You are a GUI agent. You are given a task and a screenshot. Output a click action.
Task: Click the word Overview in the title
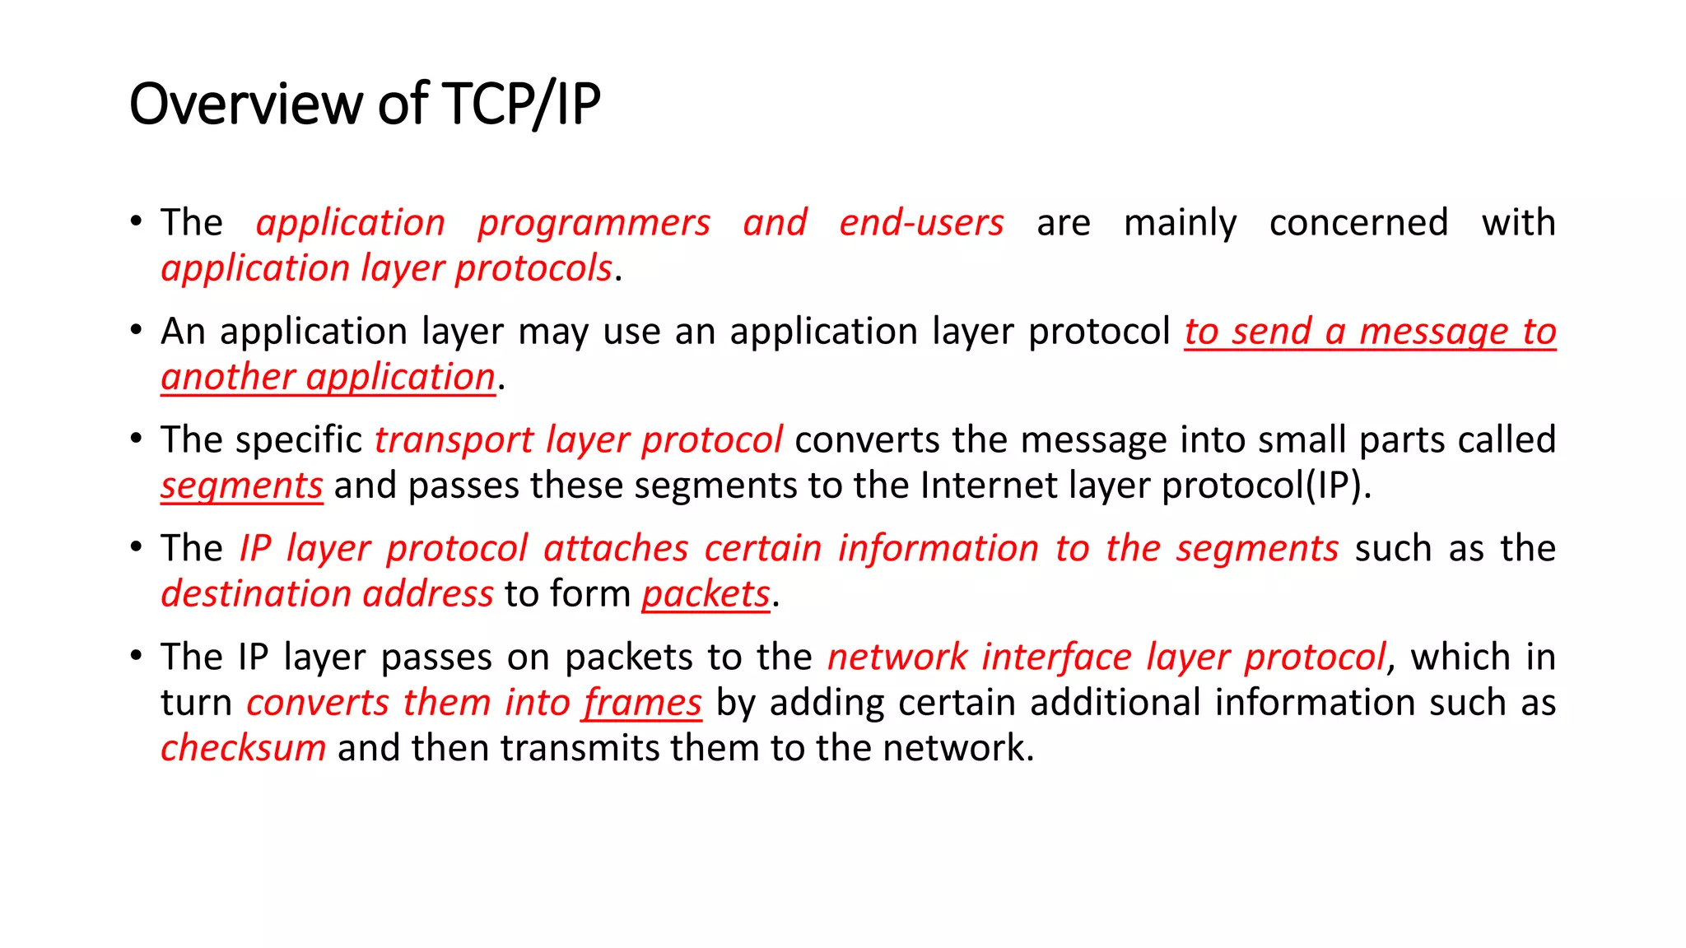point(245,105)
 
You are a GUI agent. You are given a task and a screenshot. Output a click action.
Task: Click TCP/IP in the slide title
point(521,105)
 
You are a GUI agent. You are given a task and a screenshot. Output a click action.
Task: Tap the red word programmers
point(594,224)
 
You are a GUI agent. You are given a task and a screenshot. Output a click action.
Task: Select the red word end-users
point(921,224)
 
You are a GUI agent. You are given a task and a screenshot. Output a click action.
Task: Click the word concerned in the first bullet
point(1358,224)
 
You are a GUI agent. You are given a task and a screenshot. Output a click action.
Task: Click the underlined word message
point(1434,332)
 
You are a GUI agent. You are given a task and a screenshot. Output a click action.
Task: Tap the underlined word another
point(228,378)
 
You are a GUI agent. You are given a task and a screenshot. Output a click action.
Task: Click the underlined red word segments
point(241,486)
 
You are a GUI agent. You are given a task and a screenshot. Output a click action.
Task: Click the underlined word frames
point(642,704)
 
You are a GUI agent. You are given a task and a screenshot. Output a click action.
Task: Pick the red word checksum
point(243,749)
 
